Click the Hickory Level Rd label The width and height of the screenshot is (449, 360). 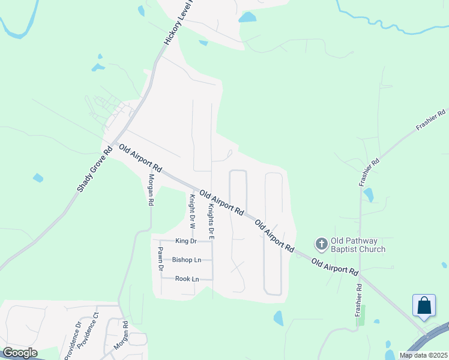(181, 22)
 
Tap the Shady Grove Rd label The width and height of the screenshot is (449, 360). (95, 170)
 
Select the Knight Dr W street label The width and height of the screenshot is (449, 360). (192, 212)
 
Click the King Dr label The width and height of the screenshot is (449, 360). (186, 241)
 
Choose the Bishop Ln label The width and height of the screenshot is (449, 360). (187, 260)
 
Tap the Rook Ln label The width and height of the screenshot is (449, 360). (186, 279)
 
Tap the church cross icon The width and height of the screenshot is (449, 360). (321, 244)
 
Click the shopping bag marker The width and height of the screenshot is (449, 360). (424, 305)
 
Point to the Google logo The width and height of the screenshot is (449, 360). (20, 353)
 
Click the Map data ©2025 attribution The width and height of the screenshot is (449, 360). (423, 355)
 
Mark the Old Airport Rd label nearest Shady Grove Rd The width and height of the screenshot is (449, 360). (140, 158)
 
